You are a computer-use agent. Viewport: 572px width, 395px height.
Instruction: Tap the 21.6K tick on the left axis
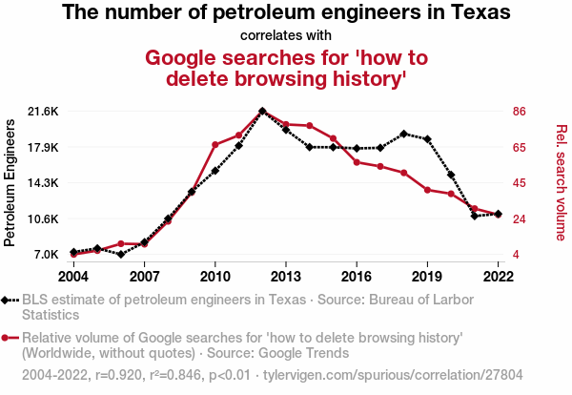pos(42,112)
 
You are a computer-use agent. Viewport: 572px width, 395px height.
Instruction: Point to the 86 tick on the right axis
pos(520,112)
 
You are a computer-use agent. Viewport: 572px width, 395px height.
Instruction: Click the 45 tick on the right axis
pos(520,183)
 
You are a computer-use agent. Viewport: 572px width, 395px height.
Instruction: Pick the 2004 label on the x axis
pos(73,277)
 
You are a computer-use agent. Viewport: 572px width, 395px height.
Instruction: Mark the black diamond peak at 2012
pos(262,112)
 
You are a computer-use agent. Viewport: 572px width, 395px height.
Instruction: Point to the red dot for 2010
pos(215,145)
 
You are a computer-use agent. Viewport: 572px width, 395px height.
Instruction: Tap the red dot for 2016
pos(357,162)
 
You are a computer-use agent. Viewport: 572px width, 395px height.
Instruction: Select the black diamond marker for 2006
pos(121,255)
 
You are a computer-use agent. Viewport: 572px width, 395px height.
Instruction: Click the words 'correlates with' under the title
pos(287,37)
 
